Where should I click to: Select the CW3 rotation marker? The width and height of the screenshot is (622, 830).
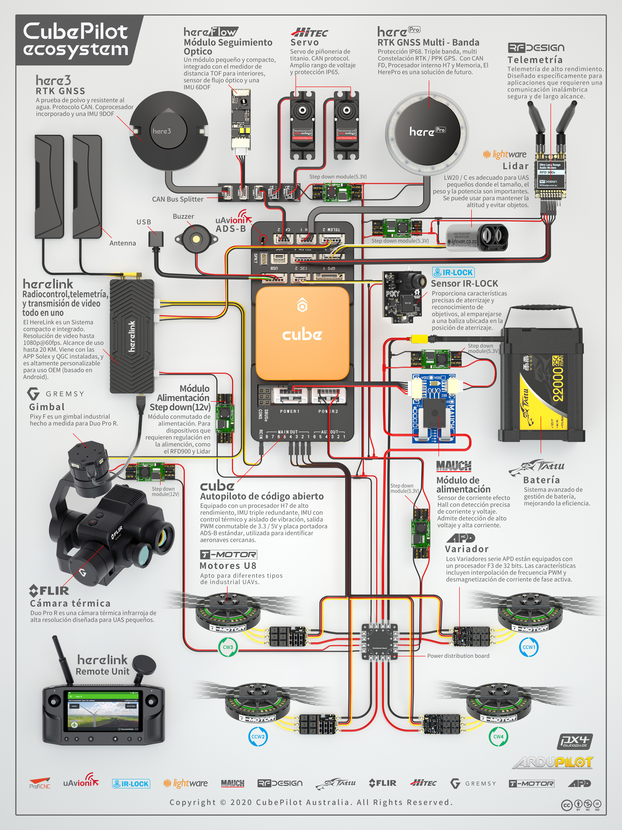[228, 647]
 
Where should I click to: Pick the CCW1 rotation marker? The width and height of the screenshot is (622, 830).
[529, 647]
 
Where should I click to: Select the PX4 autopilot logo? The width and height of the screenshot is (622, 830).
[574, 741]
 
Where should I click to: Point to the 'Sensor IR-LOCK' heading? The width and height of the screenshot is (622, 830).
[464, 284]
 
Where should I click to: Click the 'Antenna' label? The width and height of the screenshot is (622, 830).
[123, 243]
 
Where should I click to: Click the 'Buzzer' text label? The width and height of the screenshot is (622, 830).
[183, 216]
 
